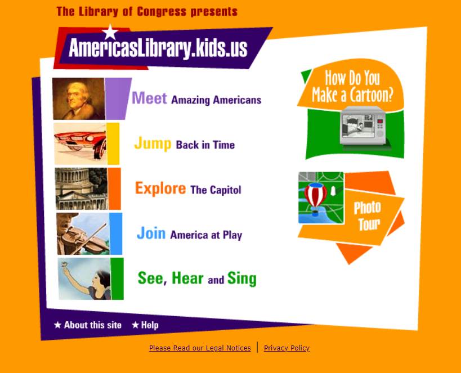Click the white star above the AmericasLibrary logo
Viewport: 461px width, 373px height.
110,32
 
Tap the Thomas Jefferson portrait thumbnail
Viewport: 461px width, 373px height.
78,99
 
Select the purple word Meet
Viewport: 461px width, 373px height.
149,98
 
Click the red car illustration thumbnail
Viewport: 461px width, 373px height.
80,144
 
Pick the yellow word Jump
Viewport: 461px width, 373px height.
153,143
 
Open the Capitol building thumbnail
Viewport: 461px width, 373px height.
82,188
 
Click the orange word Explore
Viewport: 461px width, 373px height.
160,188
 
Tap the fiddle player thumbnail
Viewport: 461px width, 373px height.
83,233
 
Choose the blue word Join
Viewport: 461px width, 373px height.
151,233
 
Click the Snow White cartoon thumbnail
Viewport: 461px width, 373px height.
84,278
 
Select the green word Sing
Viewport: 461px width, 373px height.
242,278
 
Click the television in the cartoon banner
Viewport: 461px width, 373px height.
363,126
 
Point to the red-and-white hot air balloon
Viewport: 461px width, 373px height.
315,198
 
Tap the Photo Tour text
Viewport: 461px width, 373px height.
368,215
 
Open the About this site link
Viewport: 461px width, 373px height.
88,325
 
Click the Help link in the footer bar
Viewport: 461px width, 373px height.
145,325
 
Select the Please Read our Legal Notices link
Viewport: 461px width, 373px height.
200,348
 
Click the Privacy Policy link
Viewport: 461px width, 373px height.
287,348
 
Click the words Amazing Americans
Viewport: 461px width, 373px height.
216,100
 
